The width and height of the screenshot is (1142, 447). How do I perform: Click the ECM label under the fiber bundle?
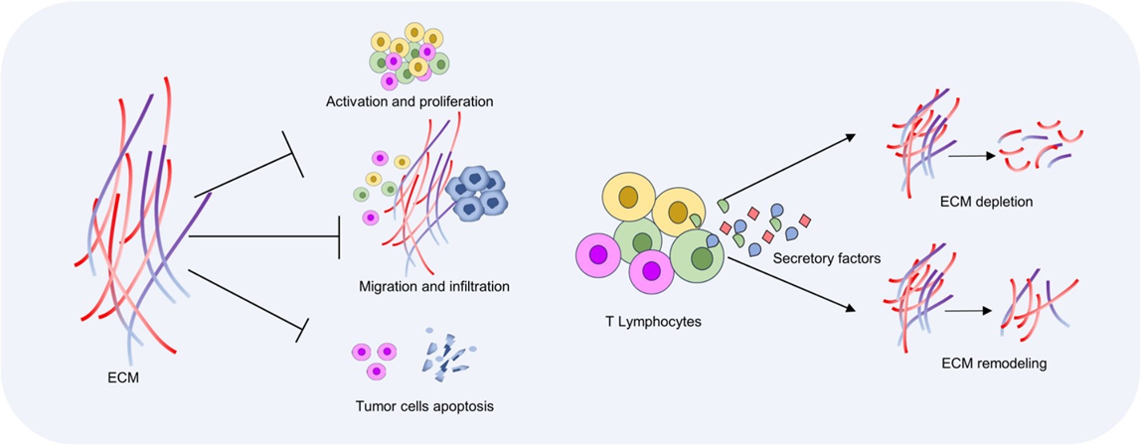point(123,378)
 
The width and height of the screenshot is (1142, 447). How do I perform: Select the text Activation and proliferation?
point(409,102)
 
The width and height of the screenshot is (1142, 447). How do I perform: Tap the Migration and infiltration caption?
point(434,286)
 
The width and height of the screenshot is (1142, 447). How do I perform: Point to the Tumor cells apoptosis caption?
point(424,406)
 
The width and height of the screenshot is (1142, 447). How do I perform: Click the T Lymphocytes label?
point(653,321)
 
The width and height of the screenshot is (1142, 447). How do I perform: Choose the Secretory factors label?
point(826,258)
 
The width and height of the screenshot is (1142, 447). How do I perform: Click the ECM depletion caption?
point(986,202)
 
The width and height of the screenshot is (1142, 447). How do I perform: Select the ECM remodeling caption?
point(993,363)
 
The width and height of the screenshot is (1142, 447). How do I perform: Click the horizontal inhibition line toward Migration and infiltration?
point(262,236)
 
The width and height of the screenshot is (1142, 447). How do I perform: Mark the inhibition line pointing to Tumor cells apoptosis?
point(245,299)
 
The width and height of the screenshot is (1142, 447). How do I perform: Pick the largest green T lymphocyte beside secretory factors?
point(696,256)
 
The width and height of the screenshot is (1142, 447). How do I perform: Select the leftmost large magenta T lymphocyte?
point(598,255)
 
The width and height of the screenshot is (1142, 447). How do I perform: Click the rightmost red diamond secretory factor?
point(804,220)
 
